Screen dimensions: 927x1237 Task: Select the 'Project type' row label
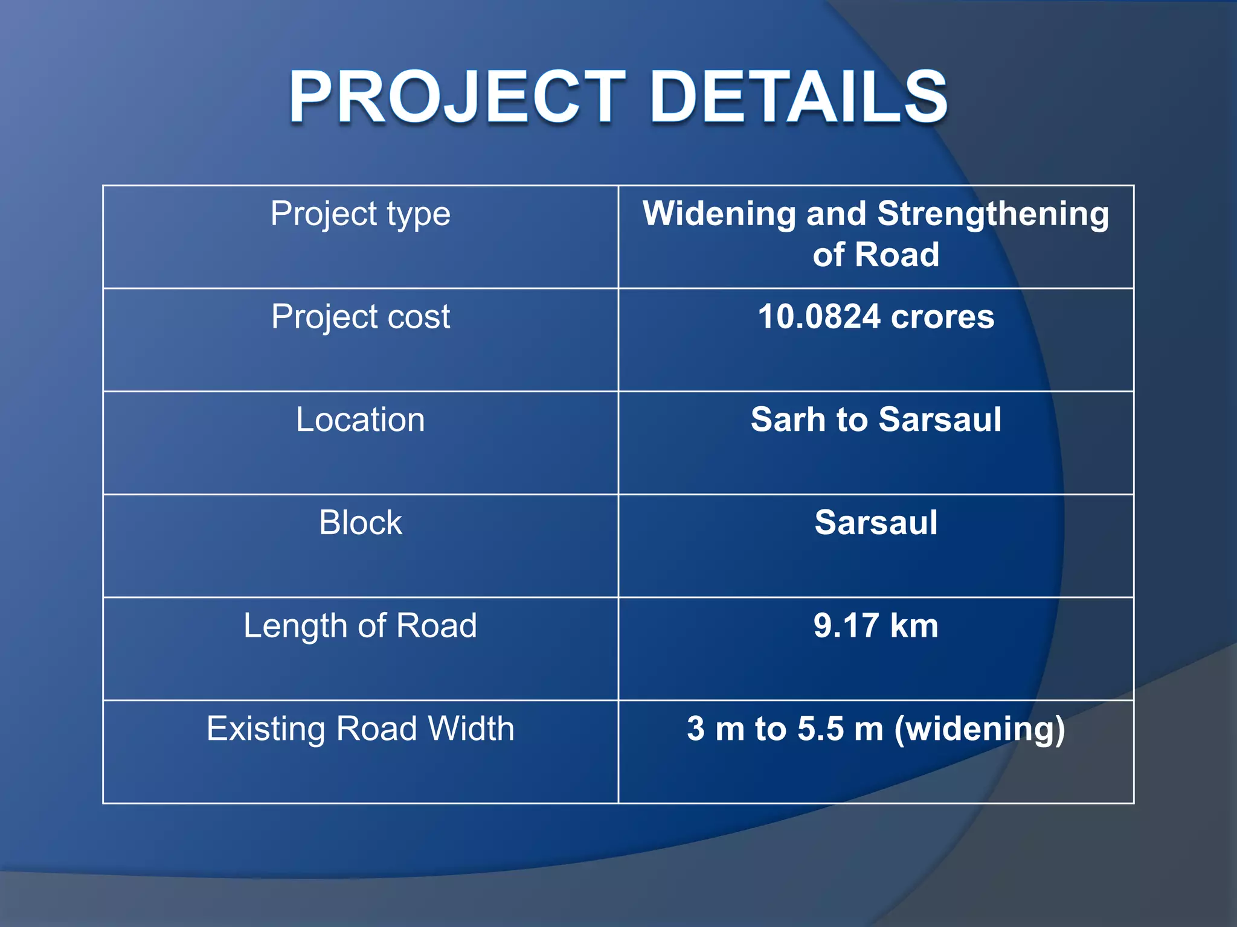point(360,214)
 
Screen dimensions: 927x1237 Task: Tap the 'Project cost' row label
point(360,317)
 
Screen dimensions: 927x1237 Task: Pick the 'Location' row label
point(360,419)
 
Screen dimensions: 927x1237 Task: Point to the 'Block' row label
point(360,523)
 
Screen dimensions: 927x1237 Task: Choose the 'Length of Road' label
point(360,626)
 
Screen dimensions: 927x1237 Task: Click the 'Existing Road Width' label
point(360,728)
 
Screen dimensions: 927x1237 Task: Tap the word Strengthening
point(993,214)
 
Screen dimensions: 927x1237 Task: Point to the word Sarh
point(788,419)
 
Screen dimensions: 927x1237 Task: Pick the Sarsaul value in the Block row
point(876,523)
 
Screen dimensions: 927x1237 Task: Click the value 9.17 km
point(876,626)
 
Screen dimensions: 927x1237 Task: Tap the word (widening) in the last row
point(980,729)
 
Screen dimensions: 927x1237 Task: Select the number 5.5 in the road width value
point(820,728)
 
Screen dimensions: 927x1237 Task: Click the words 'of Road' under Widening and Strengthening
point(876,255)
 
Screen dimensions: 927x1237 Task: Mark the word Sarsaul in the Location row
point(940,419)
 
